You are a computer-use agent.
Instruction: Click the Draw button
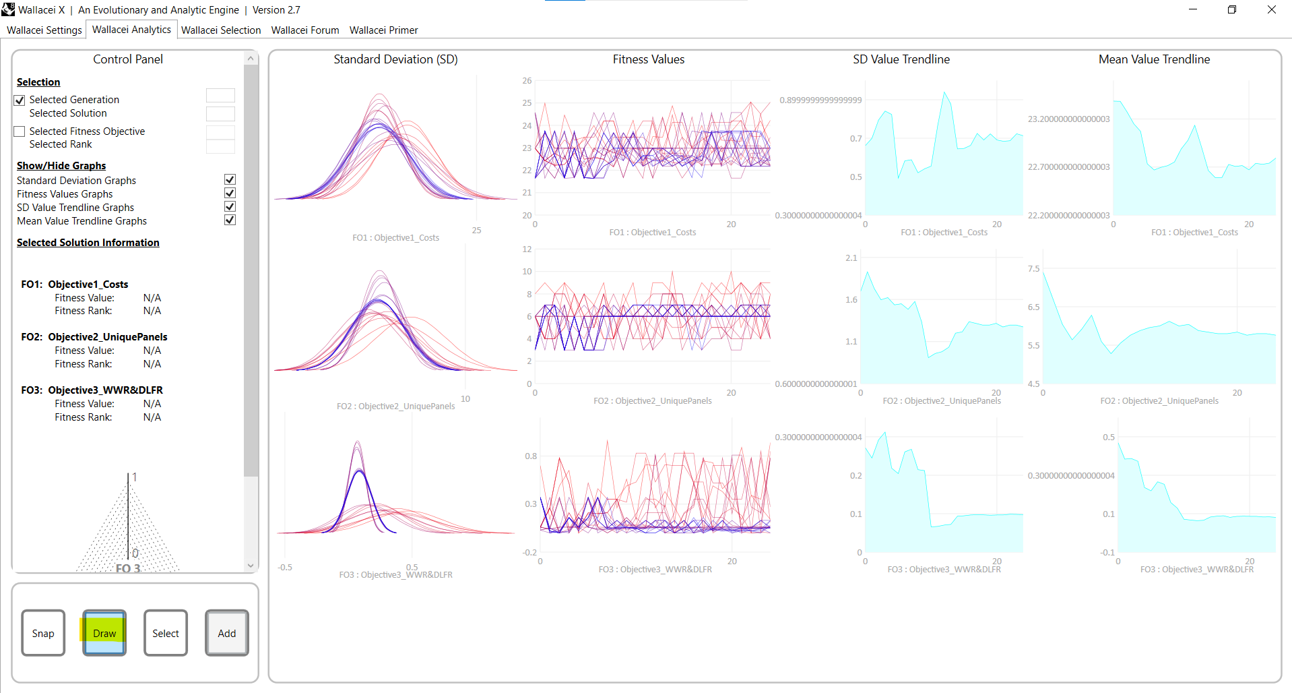[x=104, y=633]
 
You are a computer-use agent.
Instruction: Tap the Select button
[x=166, y=633]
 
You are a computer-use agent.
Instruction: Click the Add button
[x=227, y=633]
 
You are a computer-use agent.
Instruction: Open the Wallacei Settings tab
[x=44, y=30]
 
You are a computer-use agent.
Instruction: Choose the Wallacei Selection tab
[x=221, y=30]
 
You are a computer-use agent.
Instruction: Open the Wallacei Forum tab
[x=305, y=30]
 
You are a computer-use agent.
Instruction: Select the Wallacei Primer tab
[x=383, y=30]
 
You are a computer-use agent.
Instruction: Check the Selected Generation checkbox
[x=20, y=100]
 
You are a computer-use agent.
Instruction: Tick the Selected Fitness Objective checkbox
[x=20, y=131]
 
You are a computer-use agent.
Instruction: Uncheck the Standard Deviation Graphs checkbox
[x=230, y=180]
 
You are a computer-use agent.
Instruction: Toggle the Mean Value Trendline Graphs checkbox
[x=230, y=220]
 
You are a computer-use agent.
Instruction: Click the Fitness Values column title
[x=648, y=59]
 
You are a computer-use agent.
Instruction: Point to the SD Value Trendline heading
[x=901, y=59]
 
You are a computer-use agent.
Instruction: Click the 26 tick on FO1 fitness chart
[x=527, y=81]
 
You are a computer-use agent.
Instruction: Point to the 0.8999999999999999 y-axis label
[x=820, y=100]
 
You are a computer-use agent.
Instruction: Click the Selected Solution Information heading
[x=88, y=243]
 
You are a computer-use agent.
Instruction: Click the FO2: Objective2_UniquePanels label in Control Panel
[x=94, y=337]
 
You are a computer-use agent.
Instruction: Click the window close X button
[x=1271, y=9]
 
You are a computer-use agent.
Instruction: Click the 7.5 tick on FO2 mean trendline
[x=1033, y=269]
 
